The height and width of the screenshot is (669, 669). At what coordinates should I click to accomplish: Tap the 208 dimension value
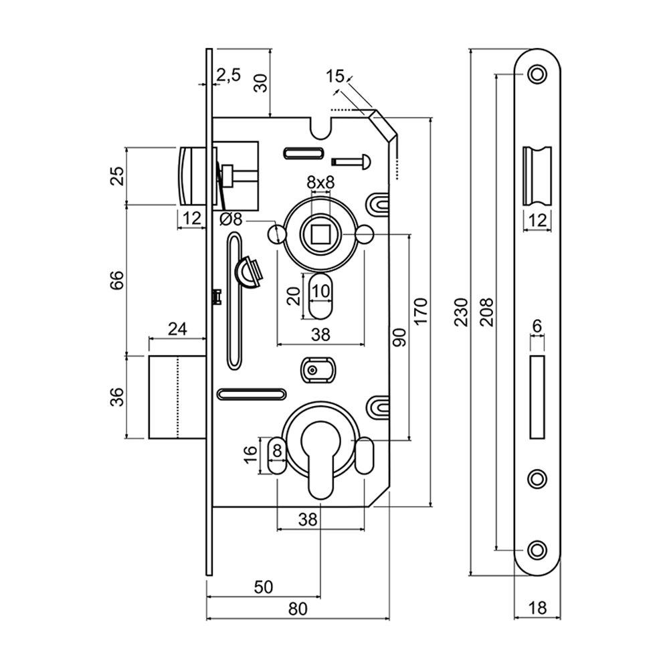coord(487,312)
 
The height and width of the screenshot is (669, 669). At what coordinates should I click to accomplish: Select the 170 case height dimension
coord(420,312)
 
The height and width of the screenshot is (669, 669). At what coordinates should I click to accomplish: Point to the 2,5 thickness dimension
coord(228,75)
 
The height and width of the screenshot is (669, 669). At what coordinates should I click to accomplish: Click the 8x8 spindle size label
coord(320,182)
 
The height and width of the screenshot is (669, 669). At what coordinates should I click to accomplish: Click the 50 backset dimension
coord(264,587)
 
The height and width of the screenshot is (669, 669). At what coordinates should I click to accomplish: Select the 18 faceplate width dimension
coord(537,608)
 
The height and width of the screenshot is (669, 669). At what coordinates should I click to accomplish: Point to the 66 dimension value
coord(117,280)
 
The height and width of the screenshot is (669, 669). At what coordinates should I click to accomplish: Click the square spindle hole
coord(320,233)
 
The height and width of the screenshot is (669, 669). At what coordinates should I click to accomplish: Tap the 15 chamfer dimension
coord(336,76)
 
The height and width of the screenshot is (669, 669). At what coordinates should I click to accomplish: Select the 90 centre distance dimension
coord(399,337)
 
